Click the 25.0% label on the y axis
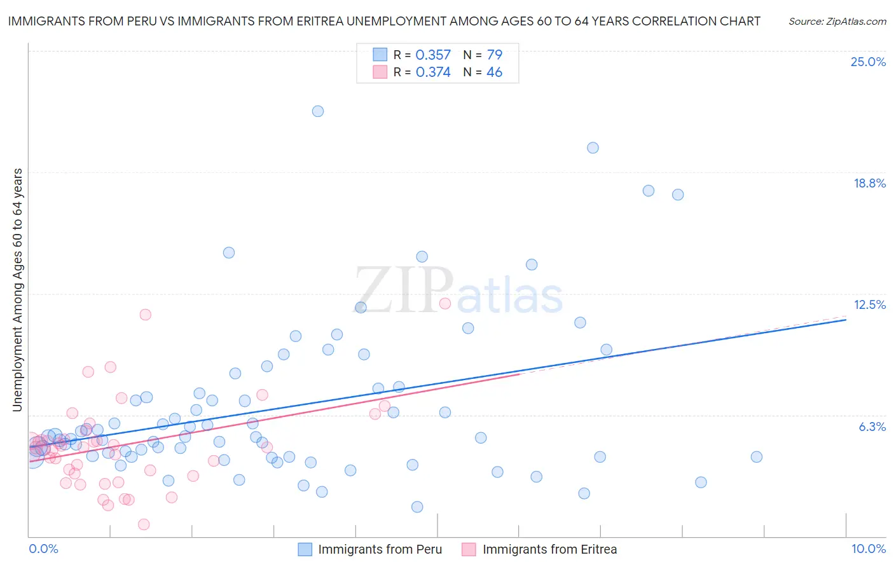click(868, 62)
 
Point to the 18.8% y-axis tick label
click(869, 183)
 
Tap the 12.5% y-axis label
click(869, 304)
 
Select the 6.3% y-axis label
click(872, 427)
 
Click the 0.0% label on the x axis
click(43, 549)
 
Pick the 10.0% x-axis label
click(868, 549)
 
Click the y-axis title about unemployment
click(18, 290)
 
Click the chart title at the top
click(384, 21)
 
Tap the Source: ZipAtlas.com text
click(837, 21)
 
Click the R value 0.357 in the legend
click(433, 55)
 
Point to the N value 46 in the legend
click(494, 72)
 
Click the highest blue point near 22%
click(318, 111)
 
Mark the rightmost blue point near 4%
click(756, 456)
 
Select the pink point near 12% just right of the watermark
click(445, 303)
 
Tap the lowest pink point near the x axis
click(144, 524)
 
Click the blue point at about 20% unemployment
click(593, 147)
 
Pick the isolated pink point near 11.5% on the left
click(145, 314)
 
